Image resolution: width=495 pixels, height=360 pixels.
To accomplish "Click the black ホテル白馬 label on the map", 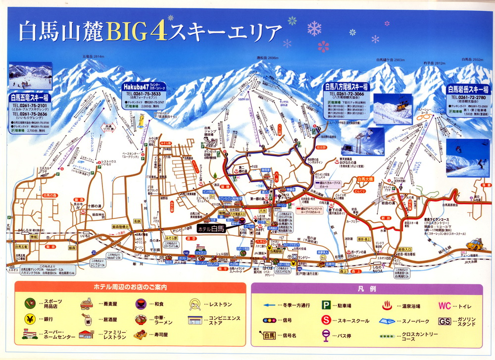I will pyautogui.click(x=211, y=228).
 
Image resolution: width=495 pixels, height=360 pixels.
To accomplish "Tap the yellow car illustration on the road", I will pyautogui.click(x=476, y=244).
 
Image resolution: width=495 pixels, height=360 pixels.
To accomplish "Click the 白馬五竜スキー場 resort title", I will pyautogui.click(x=30, y=97).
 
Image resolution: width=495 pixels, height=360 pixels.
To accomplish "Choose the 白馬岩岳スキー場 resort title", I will pyautogui.click(x=467, y=90).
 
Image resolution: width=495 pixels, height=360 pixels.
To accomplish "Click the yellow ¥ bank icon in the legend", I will pyautogui.click(x=31, y=318).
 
